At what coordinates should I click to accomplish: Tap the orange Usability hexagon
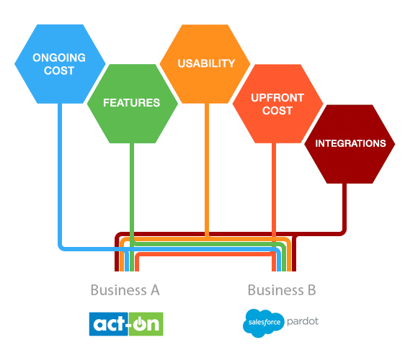(207, 63)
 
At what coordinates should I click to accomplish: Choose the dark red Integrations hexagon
(350, 143)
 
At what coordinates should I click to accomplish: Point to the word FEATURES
(131, 103)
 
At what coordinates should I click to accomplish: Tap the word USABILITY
(207, 63)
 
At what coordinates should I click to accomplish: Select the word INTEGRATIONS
(350, 143)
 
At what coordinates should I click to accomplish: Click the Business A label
(125, 290)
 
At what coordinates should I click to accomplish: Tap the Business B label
(282, 290)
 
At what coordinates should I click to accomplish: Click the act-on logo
(126, 323)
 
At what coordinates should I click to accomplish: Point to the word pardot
(303, 321)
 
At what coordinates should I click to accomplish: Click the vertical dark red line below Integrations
(344, 205)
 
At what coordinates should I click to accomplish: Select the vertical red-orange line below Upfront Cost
(274, 187)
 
